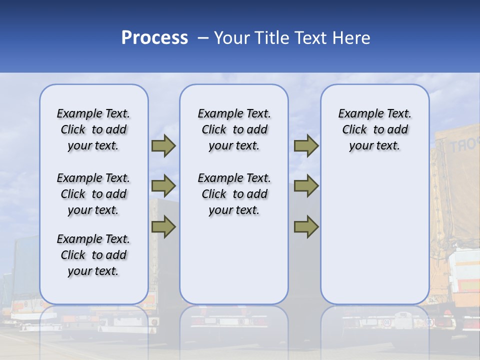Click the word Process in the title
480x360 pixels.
coord(154,38)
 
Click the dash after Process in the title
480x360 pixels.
coord(202,38)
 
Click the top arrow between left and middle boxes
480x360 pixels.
coord(163,146)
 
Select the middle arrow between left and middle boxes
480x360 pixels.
coord(163,186)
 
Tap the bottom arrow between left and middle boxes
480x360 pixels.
coord(163,226)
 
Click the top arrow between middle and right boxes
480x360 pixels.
coord(306,146)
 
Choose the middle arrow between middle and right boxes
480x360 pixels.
coord(306,186)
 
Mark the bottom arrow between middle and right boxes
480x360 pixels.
coord(306,226)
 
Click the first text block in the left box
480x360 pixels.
coord(93,129)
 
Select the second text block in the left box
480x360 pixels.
coord(93,194)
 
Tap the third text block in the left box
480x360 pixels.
coord(93,255)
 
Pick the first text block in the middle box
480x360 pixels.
coord(234,129)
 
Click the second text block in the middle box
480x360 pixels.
coord(234,194)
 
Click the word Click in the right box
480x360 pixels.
coord(354,130)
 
